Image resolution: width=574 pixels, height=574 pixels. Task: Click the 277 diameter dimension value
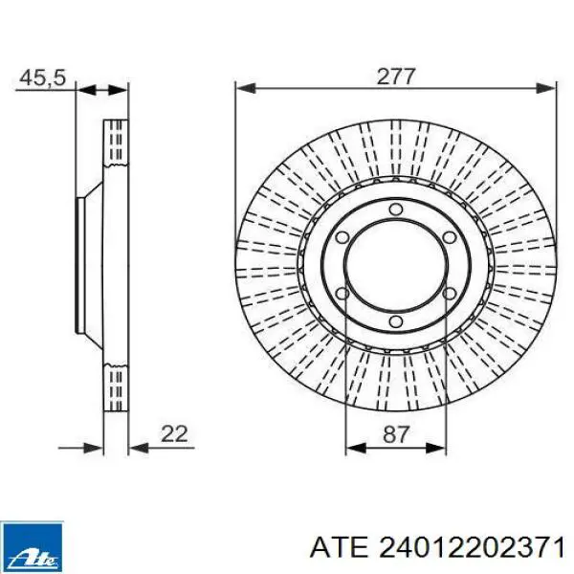click(396, 77)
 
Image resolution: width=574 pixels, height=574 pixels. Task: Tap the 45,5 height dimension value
click(43, 78)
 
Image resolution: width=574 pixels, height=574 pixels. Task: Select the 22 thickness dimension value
click(174, 433)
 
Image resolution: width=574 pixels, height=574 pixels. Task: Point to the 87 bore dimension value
click(395, 435)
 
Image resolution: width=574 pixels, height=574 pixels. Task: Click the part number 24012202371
click(471, 548)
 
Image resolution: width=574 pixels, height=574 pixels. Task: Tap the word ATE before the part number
click(339, 548)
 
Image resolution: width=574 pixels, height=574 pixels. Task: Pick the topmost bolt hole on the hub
click(395, 210)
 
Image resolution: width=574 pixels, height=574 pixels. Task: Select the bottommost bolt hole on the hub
click(395, 321)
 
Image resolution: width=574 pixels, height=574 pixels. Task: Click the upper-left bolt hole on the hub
click(342, 237)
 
